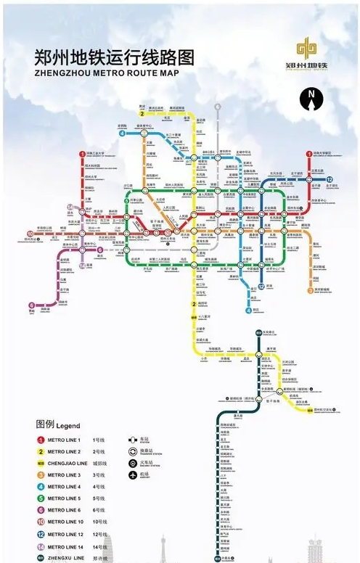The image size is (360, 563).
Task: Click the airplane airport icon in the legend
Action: (x=133, y=474)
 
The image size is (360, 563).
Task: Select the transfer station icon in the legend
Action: (x=133, y=451)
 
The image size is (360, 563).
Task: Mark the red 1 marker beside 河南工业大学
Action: (x=82, y=155)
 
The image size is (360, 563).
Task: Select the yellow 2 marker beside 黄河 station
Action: (x=142, y=113)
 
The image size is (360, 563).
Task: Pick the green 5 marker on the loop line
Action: (x=126, y=202)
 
